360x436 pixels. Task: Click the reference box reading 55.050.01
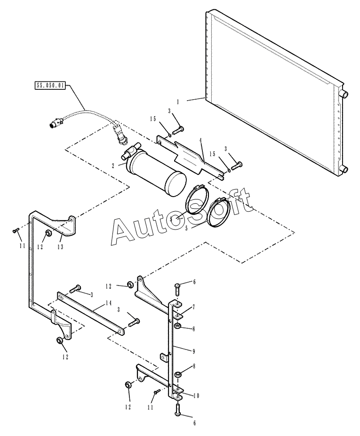[50, 85]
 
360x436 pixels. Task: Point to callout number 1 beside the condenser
[178, 102]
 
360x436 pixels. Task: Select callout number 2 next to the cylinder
[113, 166]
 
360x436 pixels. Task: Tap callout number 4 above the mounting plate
[200, 141]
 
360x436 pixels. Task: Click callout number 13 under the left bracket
[60, 246]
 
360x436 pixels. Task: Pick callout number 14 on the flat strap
[109, 303]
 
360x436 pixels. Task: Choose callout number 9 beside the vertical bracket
[193, 351]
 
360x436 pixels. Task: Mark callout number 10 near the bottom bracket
[196, 396]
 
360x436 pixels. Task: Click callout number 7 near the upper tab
[193, 307]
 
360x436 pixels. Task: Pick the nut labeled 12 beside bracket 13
[48, 233]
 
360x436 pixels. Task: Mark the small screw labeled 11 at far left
[16, 230]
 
